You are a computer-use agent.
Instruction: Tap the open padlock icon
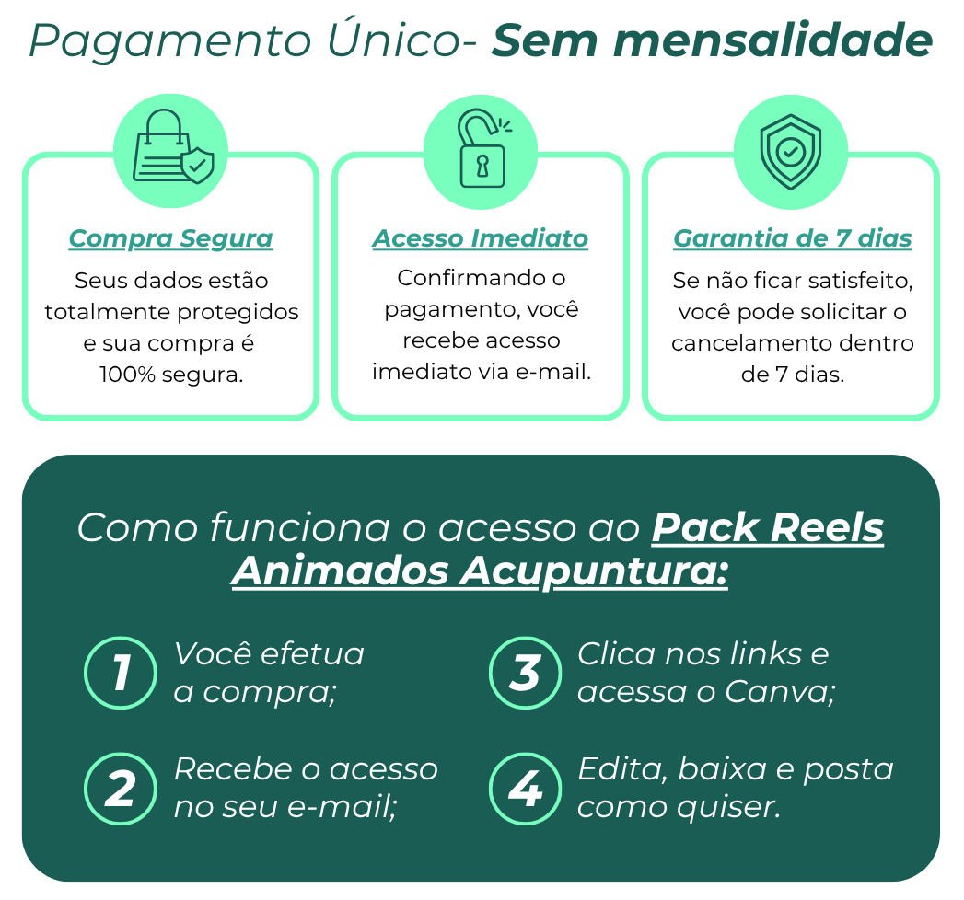(481, 152)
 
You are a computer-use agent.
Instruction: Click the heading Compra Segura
(171, 238)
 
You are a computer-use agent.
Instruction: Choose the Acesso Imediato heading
(481, 238)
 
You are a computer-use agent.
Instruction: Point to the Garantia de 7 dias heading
(793, 238)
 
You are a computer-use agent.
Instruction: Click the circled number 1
(121, 673)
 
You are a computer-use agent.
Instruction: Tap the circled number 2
(121, 789)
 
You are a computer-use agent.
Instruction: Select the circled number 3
(525, 673)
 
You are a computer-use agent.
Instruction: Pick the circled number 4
(525, 789)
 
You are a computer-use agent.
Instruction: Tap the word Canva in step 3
(779, 691)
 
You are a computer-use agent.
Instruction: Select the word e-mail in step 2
(349, 807)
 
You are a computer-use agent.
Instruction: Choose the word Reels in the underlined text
(826, 528)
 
